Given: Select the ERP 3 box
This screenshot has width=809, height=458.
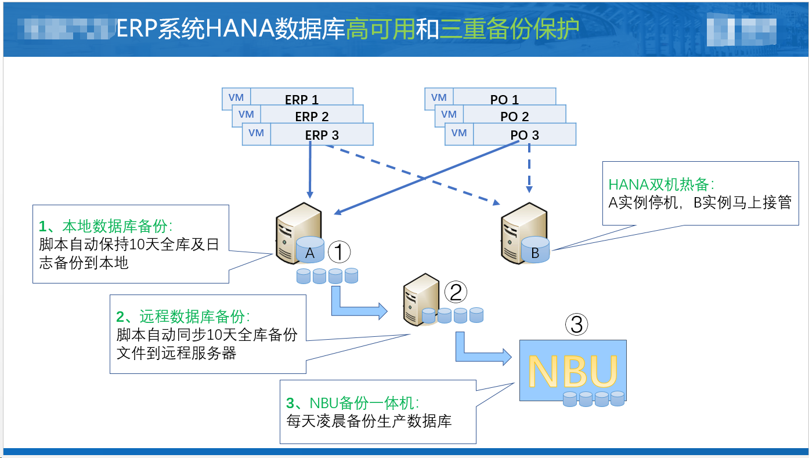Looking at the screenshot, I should pos(322,135).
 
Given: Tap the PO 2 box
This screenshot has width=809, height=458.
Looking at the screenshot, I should pos(514,116).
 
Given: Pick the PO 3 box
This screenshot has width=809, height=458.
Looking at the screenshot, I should pos(524,135).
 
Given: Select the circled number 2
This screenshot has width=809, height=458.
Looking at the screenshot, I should pos(456,292).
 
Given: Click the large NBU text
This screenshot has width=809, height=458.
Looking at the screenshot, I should pos(572,371).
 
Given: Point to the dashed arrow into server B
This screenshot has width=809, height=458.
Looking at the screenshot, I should pos(529,168).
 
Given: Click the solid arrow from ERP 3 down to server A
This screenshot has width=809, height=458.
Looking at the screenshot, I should pos(310,171).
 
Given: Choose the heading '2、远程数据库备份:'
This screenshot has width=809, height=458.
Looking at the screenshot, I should pos(183,317).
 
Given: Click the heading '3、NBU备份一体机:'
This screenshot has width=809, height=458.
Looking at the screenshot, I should pos(352,402).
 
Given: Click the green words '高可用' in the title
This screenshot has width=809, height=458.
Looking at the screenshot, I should pos(380,29).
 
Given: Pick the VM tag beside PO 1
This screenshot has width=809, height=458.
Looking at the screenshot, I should pos(439,97).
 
